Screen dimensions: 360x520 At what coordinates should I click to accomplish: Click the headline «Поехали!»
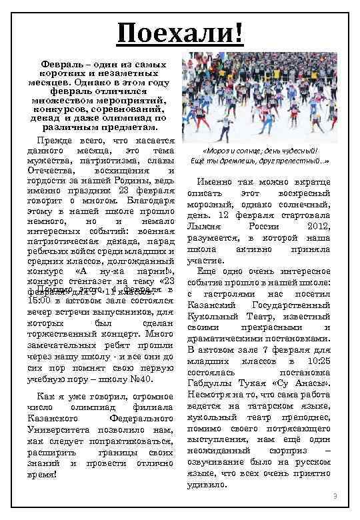point(180,31)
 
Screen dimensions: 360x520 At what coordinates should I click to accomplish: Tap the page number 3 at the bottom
point(335,497)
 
